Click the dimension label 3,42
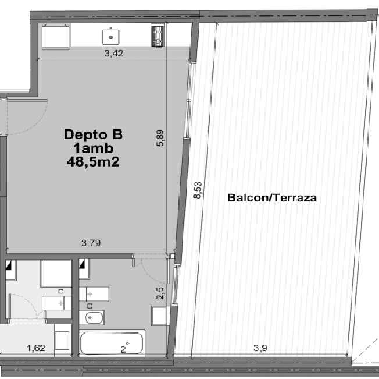(114, 53)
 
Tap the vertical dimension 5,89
(160, 138)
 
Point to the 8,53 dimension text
(198, 190)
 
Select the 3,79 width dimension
(91, 243)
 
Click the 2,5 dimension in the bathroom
(160, 293)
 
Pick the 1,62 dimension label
(36, 348)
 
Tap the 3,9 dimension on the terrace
(260, 348)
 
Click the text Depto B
(94, 134)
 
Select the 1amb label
(94, 148)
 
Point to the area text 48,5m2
(94, 162)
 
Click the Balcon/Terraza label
(272, 198)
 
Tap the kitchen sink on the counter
(111, 37)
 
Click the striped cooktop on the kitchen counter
(158, 36)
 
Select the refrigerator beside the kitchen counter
(56, 37)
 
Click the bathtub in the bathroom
(112, 343)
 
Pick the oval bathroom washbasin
(92, 317)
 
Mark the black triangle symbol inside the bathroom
(82, 264)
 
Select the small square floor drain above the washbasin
(90, 306)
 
